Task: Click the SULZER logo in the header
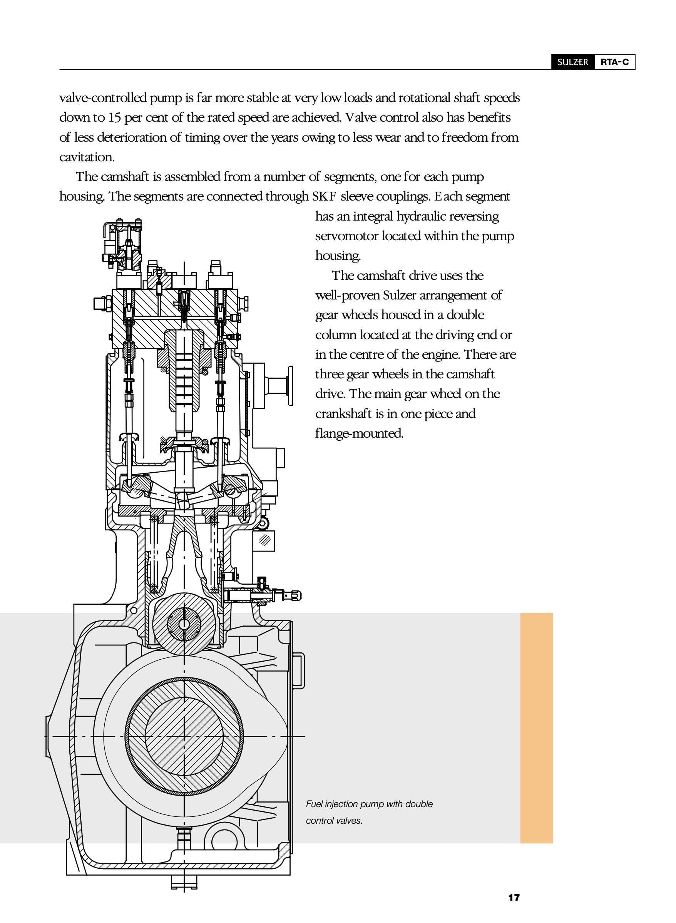click(x=572, y=62)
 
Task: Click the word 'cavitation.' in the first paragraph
click(x=87, y=157)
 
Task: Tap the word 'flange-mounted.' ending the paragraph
click(x=359, y=433)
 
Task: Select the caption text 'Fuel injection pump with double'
click(x=369, y=804)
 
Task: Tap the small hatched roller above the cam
click(x=184, y=624)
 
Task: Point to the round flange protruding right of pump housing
click(x=290, y=386)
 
